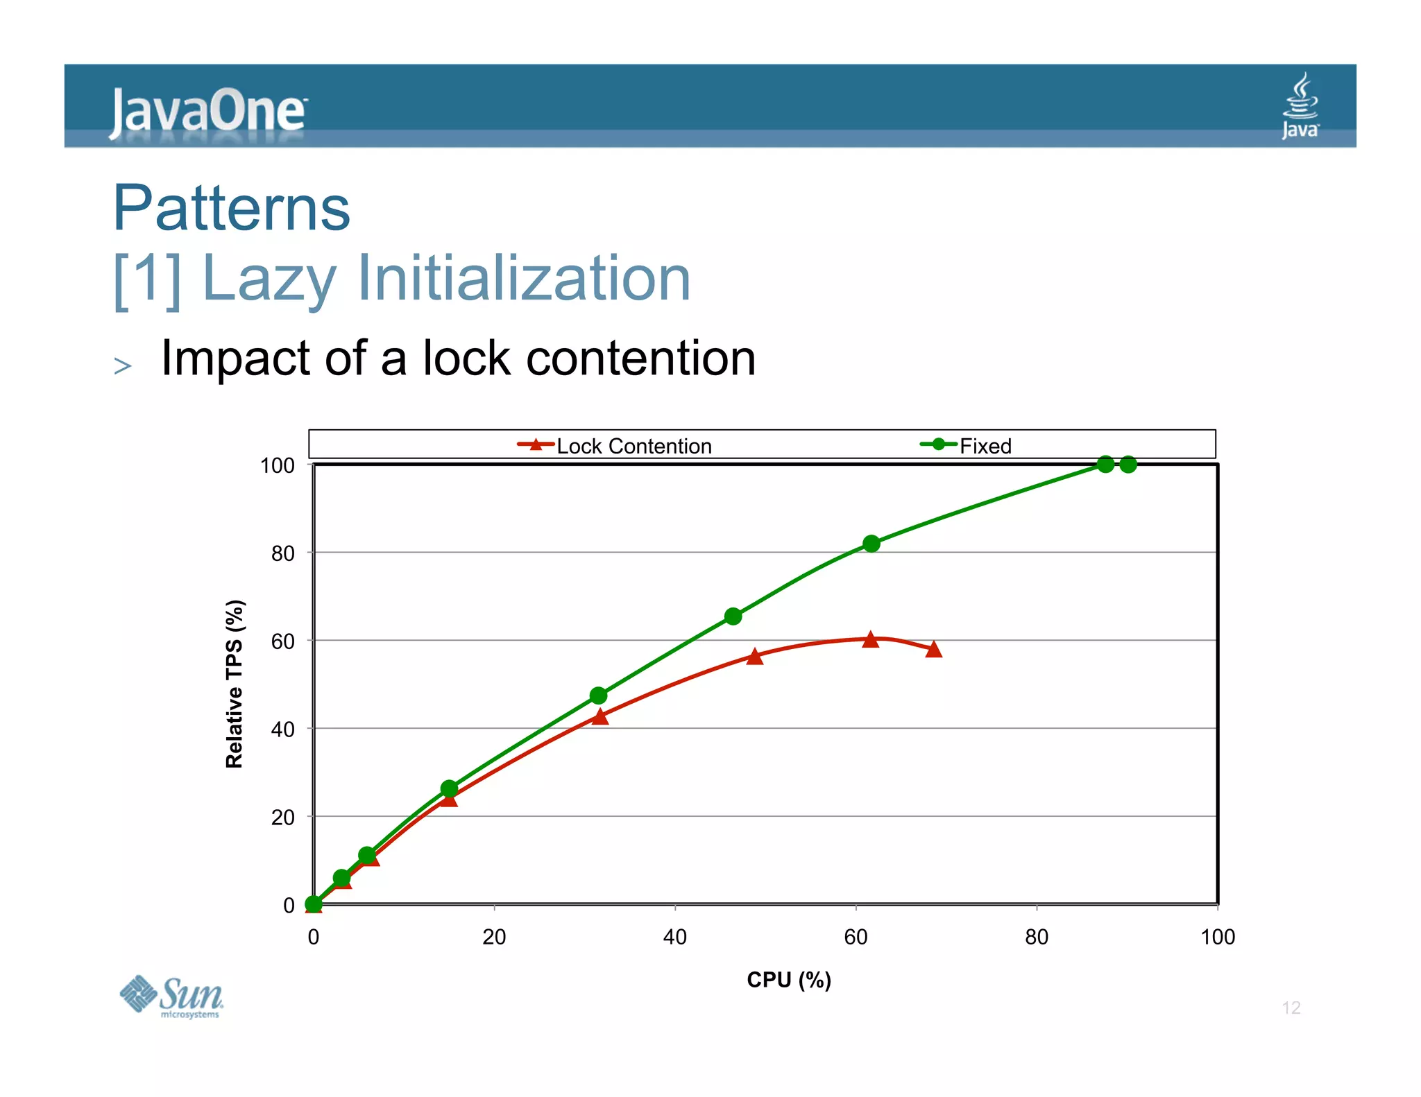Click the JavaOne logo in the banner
pos(207,111)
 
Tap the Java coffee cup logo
pos(1300,105)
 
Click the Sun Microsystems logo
pos(171,996)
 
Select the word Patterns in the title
pos(232,207)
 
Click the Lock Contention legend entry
pos(615,446)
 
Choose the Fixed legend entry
pos(967,446)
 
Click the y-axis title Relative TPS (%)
pos(235,684)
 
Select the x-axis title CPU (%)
pos(789,979)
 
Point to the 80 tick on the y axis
pos(282,553)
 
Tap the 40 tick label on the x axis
pos(674,937)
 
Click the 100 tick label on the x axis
pos(1218,937)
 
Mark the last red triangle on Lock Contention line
pos(934,650)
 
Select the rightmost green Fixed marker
pos(1128,465)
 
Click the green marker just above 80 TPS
pos(871,544)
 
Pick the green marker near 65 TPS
pos(733,616)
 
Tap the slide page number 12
pos(1291,1008)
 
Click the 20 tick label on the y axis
pos(282,818)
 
